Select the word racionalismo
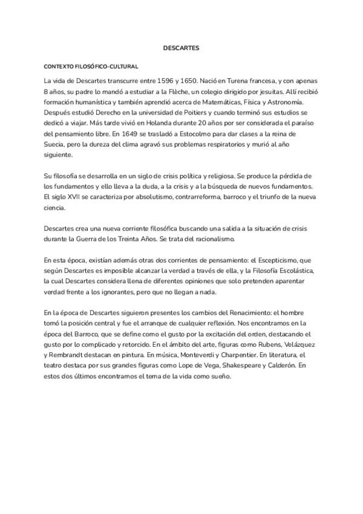212,239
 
